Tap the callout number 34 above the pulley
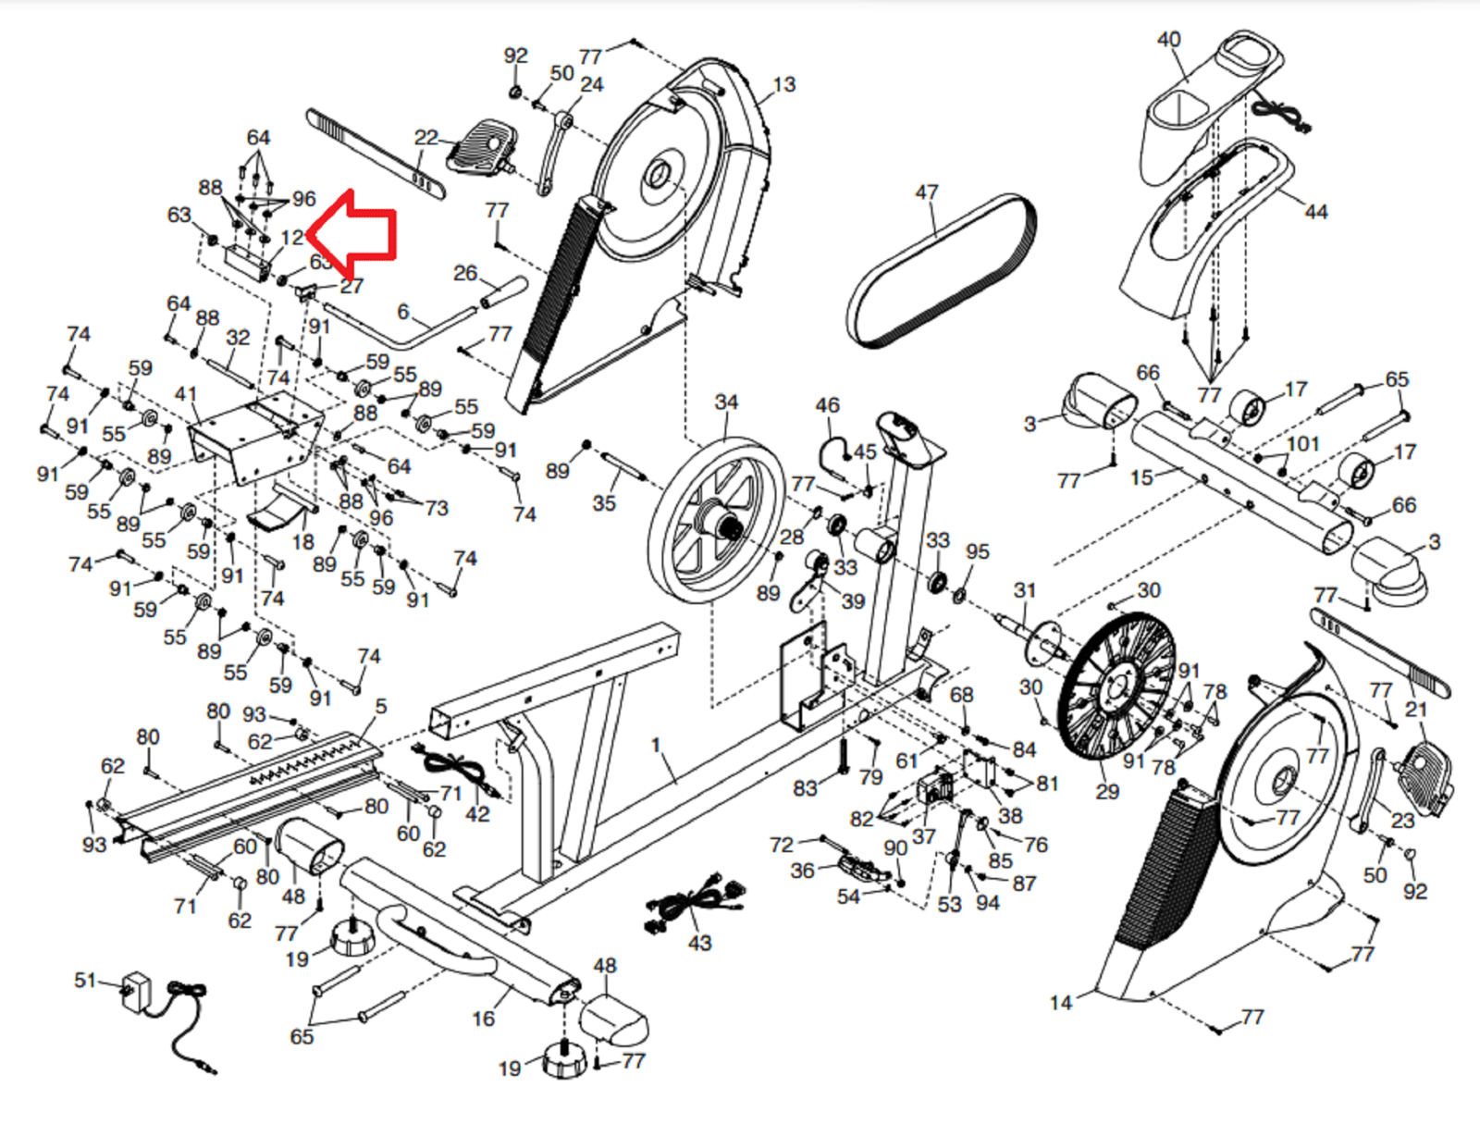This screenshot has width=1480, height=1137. tap(726, 402)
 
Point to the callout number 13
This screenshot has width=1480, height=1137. tap(783, 85)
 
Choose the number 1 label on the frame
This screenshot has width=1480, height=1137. tap(656, 745)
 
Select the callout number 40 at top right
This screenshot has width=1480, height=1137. tap(1168, 40)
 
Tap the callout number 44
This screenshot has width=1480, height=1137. tap(1315, 212)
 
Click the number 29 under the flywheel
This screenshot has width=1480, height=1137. tap(1107, 791)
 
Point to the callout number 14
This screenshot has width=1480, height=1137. tap(1061, 1002)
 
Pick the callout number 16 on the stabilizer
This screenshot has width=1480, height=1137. tap(483, 1019)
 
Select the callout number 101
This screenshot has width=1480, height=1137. tap(1302, 444)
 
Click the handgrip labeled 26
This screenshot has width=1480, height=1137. tap(503, 291)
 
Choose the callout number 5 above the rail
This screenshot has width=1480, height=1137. tap(381, 707)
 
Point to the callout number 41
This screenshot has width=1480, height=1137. tap(186, 394)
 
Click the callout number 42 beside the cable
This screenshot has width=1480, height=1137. tap(477, 814)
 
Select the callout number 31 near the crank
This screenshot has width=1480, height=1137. tap(1024, 590)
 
